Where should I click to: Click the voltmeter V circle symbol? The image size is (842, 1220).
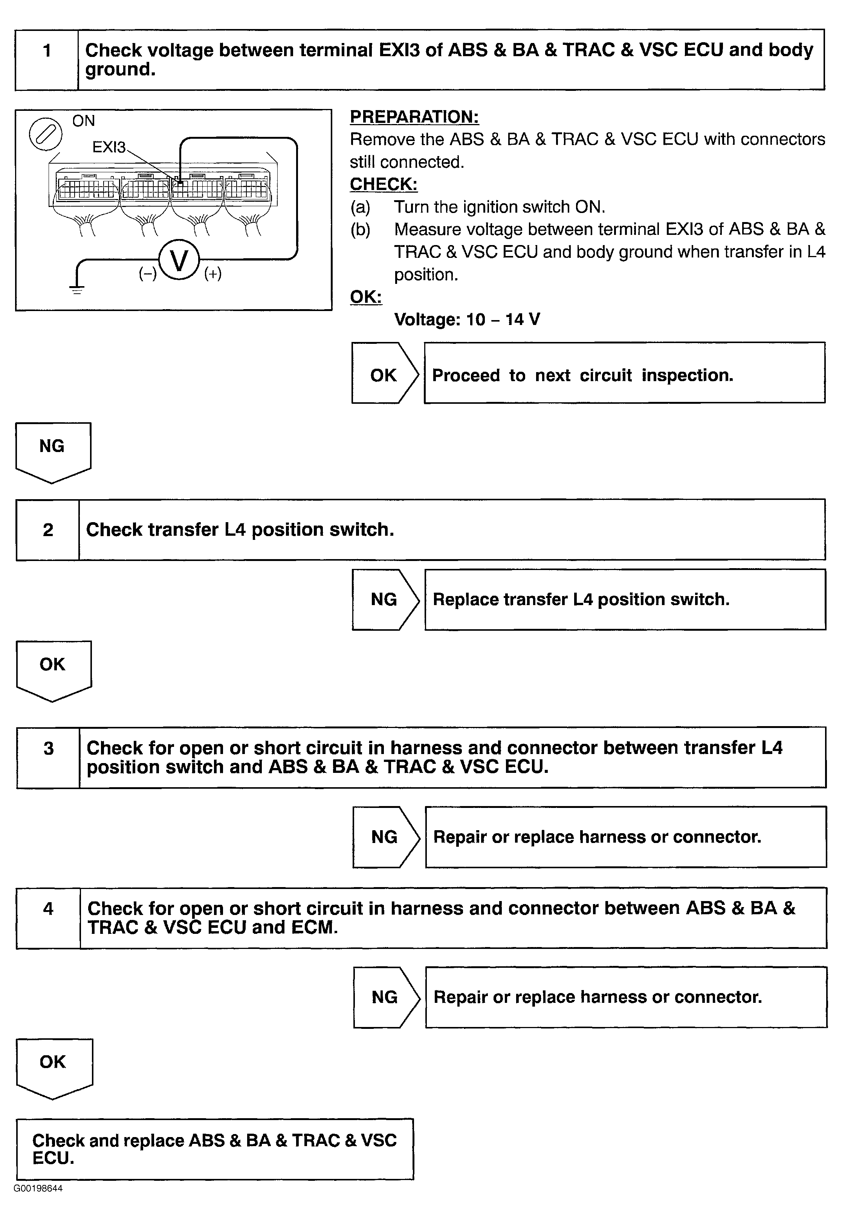click(x=179, y=261)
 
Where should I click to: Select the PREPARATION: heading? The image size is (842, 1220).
click(x=414, y=116)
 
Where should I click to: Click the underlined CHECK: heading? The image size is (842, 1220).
click(x=384, y=184)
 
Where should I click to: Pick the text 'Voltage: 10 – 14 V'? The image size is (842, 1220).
click(x=467, y=319)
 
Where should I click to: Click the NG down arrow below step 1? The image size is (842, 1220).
click(x=53, y=450)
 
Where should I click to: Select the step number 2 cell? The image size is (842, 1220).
click(x=48, y=529)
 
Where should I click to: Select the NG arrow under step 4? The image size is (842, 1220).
click(x=386, y=997)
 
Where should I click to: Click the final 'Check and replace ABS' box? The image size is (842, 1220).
click(x=215, y=1149)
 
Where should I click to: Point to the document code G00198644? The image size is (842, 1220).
click(x=38, y=1188)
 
